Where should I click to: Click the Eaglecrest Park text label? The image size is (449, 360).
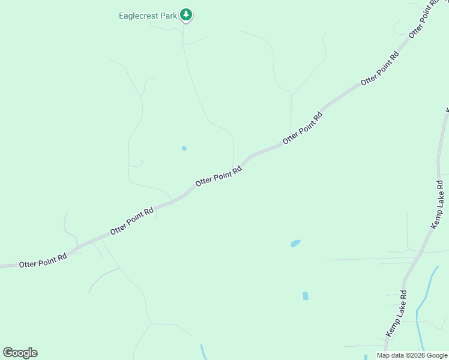point(148,16)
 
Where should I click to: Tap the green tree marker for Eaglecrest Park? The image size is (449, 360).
point(186,15)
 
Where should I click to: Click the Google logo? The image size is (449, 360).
point(20,353)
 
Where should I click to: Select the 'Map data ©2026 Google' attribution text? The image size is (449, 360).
point(412,355)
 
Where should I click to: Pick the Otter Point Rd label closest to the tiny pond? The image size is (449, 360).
point(218,175)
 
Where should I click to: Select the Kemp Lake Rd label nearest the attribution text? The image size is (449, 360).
point(396,313)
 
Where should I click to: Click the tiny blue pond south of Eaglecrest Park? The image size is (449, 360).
point(184,148)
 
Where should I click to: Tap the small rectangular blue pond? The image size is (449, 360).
point(306,296)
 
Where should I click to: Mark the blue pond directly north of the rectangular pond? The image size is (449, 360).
point(295,243)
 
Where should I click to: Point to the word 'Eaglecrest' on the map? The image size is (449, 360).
point(138,16)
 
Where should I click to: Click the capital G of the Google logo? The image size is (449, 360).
point(8,352)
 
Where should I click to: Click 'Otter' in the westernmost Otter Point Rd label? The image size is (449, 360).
point(28,263)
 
